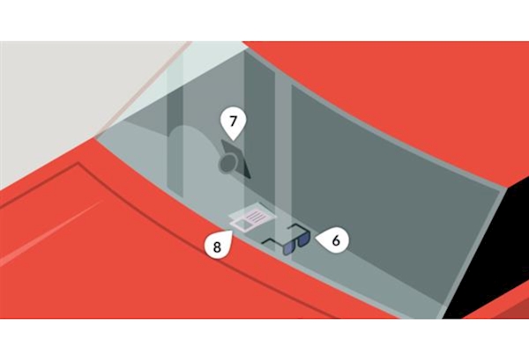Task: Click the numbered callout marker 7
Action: point(233,122)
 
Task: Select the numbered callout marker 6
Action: point(335,241)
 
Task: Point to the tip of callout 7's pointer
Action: point(233,140)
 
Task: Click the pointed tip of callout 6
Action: point(316,239)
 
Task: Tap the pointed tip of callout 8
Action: point(232,231)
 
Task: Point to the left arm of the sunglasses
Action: point(272,242)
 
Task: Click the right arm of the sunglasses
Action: point(296,226)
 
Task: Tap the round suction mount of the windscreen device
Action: point(227,164)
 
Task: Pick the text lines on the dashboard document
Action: point(257,216)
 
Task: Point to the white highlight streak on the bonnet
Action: point(50,232)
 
